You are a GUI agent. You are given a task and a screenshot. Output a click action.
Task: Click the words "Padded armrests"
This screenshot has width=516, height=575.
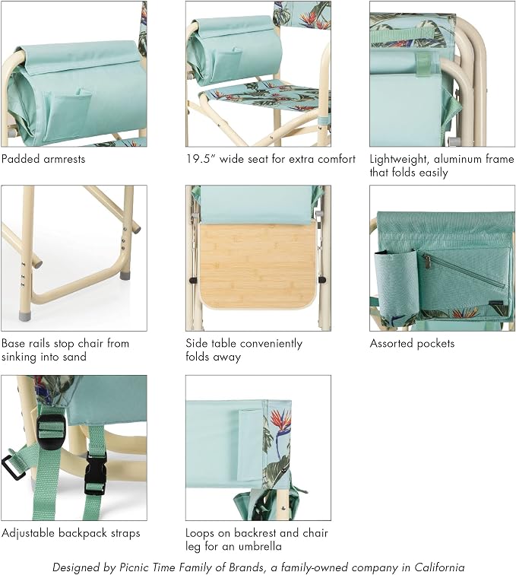43,159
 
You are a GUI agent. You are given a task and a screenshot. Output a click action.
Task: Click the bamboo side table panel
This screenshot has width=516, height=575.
258,266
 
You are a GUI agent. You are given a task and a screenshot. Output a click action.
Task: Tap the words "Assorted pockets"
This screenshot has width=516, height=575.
412,344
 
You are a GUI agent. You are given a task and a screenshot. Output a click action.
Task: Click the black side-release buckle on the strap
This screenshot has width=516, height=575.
96,473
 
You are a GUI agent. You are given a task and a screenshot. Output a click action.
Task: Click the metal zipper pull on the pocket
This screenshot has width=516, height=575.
427,261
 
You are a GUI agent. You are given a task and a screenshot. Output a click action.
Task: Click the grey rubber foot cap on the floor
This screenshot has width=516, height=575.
24,316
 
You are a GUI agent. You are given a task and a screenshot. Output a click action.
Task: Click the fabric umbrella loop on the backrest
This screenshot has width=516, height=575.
251,445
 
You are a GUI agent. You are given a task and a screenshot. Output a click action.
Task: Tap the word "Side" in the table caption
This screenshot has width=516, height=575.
196,344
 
